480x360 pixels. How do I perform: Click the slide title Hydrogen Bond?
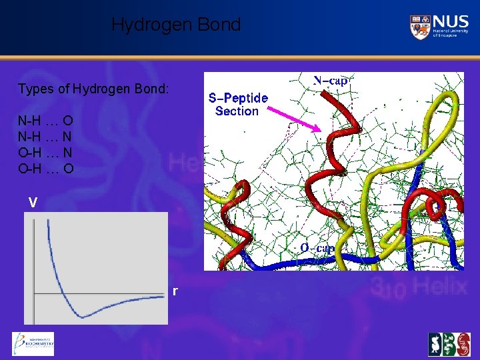175,25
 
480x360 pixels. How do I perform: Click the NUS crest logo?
420,27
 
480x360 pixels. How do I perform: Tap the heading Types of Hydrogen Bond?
93,89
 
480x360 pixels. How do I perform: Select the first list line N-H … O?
45,121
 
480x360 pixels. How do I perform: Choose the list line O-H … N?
45,153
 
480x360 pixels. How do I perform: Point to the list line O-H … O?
45,169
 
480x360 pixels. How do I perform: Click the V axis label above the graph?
33,202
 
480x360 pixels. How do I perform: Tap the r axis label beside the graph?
175,291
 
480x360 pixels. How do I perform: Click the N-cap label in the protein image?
331,81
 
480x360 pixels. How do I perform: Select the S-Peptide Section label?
238,105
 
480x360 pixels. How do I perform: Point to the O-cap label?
317,248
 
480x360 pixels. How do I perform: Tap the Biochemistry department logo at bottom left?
33,344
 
